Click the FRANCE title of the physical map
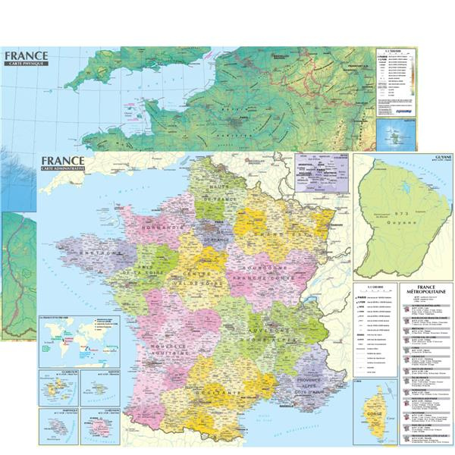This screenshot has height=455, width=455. point(25,55)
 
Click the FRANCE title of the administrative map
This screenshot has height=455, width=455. point(64,161)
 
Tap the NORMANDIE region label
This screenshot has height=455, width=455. point(156,227)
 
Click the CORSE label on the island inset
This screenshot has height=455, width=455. point(374,416)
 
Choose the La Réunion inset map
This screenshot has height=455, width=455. point(99,427)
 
